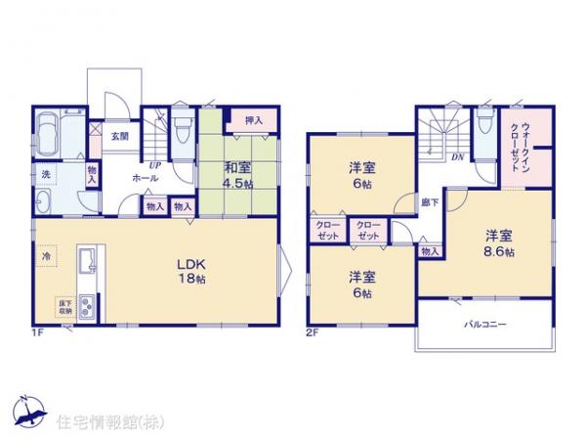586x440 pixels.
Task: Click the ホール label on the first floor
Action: [146, 179]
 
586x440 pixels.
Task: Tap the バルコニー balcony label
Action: [484, 326]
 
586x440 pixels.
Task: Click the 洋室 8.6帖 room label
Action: [497, 242]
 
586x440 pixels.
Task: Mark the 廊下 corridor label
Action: [430, 202]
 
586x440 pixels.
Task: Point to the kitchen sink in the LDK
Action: [85, 261]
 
